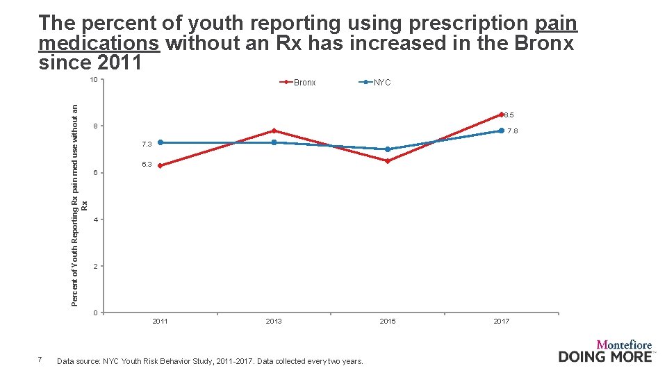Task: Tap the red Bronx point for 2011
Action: (x=160, y=165)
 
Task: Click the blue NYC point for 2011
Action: (x=160, y=142)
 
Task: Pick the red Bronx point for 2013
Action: (x=274, y=131)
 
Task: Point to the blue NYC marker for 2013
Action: (x=274, y=142)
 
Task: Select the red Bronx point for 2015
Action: (x=388, y=161)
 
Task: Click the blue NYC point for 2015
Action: (x=388, y=149)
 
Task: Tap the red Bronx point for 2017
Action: (x=501, y=115)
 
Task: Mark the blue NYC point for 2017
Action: (x=501, y=131)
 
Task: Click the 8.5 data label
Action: (x=509, y=115)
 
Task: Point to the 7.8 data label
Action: (x=512, y=131)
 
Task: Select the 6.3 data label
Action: (x=147, y=165)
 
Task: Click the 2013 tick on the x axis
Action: (x=274, y=321)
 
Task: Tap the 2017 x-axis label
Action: (x=501, y=321)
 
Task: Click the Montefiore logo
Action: (x=606, y=351)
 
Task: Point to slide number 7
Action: (x=40, y=359)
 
